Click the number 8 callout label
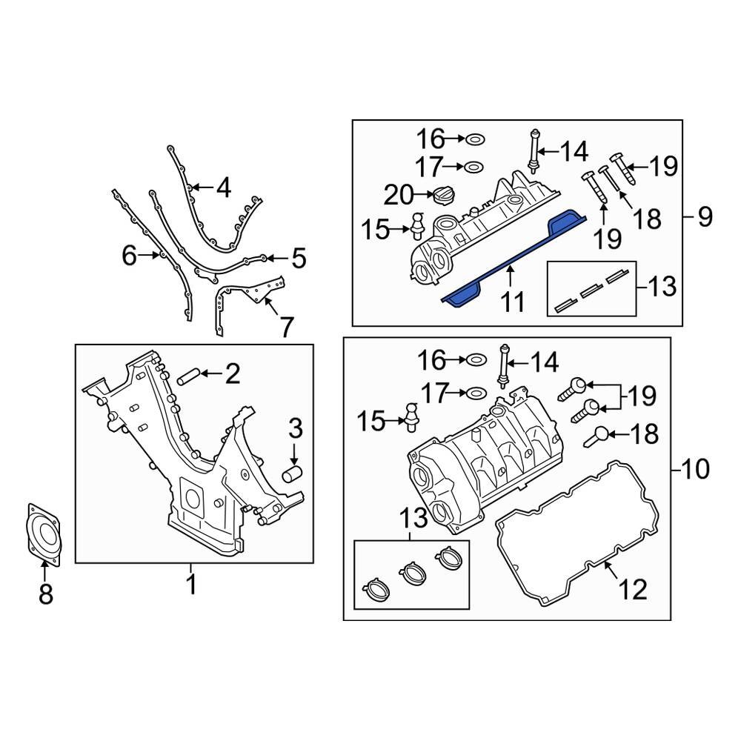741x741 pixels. coord(46,593)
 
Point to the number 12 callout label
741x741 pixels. coord(634,589)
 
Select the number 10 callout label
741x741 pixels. coord(694,468)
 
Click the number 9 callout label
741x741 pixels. coord(705,216)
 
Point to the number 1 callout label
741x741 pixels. coord(191,585)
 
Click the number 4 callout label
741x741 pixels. coord(223,189)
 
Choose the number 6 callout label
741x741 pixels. coord(130,256)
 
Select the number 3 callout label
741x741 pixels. coord(295,428)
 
